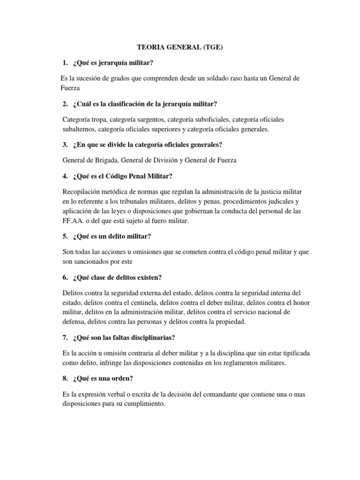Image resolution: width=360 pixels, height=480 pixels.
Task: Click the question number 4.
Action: [65, 176]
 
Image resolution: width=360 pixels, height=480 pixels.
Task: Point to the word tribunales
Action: [140, 202]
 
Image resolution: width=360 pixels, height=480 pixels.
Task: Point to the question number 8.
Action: [65, 379]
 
